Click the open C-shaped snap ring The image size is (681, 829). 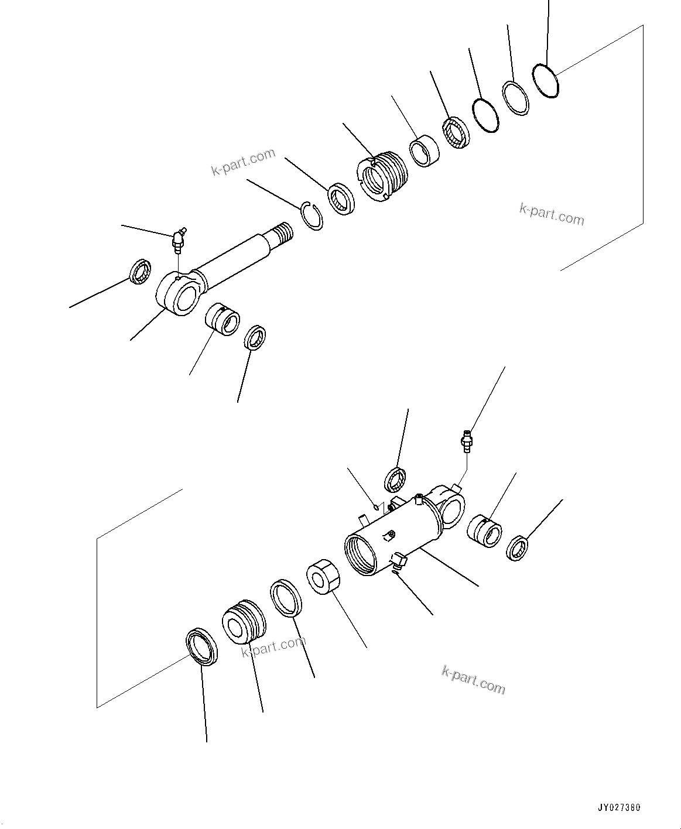tap(312, 215)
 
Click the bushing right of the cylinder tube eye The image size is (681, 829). tap(484, 530)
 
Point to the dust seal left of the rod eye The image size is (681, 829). tap(141, 271)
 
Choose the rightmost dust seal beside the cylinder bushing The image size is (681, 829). tap(518, 548)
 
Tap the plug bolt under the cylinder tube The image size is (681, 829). tap(397, 561)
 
